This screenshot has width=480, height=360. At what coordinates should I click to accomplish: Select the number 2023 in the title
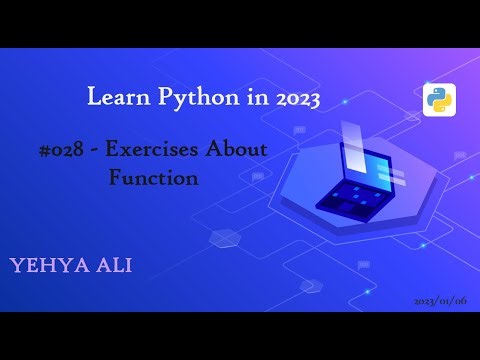coord(289,98)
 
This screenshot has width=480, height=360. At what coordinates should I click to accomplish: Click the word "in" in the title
coord(242,98)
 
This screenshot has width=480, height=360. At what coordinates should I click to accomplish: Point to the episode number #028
coord(56,150)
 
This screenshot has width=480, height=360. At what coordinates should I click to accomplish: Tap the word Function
coord(154,178)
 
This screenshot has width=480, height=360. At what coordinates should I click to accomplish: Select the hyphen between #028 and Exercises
coord(90,151)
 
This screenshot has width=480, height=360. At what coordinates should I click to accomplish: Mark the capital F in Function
coord(115,178)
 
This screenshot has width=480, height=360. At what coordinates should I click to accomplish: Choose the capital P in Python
coord(160,98)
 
